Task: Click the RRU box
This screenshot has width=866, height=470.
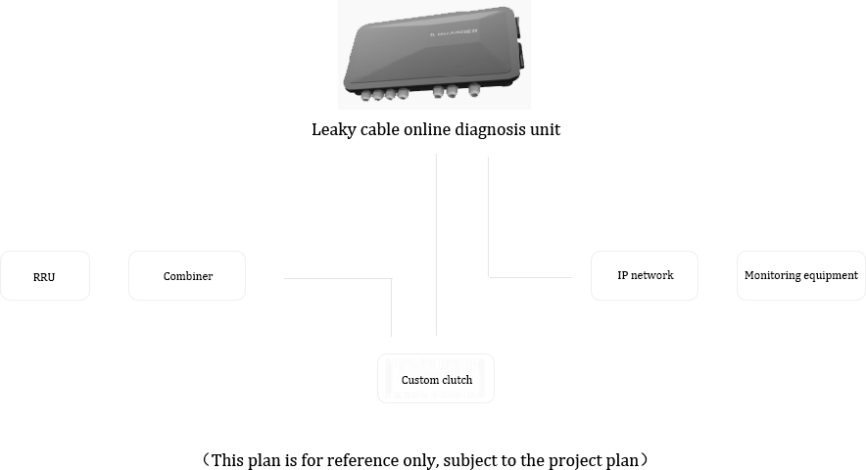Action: point(45,275)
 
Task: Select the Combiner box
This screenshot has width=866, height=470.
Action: point(187,275)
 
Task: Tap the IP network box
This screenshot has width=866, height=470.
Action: point(645,275)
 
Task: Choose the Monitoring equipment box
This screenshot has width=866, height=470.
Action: point(801,275)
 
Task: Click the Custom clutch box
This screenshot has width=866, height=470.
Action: point(436,378)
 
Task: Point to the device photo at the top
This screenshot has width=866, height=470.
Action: point(434,55)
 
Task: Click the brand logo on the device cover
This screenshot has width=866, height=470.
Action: point(454,32)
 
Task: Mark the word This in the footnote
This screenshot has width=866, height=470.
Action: point(226,460)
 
